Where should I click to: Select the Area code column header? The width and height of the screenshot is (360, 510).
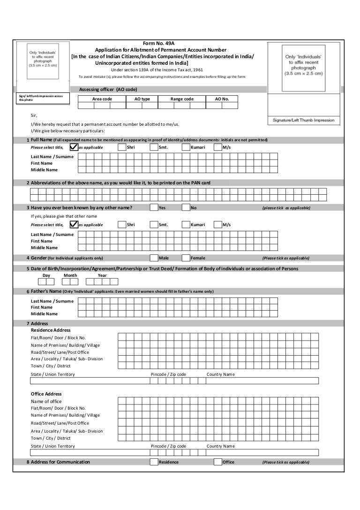[102, 99]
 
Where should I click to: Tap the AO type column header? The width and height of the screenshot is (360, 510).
[142, 99]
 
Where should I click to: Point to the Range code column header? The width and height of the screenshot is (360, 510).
[182, 99]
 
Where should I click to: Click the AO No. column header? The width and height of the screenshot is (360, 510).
[222, 99]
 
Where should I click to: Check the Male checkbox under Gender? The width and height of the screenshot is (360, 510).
[154, 258]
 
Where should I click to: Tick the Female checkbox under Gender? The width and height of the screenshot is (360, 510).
[186, 258]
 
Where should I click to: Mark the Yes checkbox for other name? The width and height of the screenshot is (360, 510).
[154, 207]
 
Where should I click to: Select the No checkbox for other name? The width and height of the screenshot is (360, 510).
[186, 207]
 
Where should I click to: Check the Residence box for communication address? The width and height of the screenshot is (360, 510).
[154, 462]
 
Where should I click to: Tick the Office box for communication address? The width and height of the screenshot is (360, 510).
[217, 462]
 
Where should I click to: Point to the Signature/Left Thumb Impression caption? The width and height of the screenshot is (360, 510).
[304, 120]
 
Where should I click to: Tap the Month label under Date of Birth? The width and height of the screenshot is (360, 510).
[70, 275]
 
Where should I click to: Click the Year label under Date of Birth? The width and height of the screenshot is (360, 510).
[102, 275]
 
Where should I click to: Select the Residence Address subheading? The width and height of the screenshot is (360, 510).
[51, 330]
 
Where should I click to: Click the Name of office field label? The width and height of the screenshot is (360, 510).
[46, 401]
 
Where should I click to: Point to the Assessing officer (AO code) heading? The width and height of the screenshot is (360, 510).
[108, 89]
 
